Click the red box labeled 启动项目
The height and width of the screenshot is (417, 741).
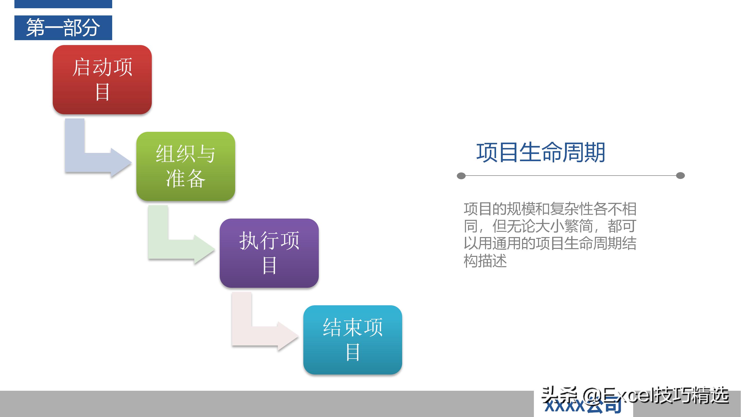(x=102, y=80)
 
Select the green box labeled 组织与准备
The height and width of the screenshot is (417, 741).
(x=186, y=166)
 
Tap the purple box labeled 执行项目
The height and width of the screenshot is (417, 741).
(x=269, y=253)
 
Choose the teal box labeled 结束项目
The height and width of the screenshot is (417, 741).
(x=352, y=340)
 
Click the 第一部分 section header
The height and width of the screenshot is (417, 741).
(x=63, y=28)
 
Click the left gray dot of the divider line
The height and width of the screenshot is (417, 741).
(x=461, y=176)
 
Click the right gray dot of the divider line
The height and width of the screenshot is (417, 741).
(x=680, y=176)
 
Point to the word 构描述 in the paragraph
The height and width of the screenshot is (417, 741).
(x=485, y=261)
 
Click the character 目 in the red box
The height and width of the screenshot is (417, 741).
(x=102, y=92)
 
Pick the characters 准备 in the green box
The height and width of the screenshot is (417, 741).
(x=186, y=179)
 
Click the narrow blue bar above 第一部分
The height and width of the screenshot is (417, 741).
(x=63, y=4)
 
